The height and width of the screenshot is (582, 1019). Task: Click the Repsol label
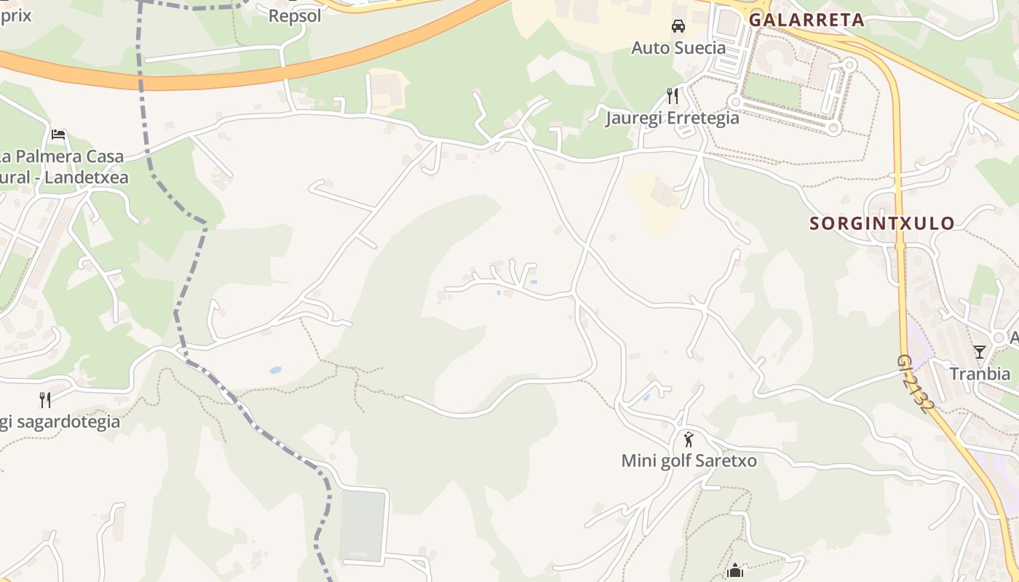(x=295, y=15)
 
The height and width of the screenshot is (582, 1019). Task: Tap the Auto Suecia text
(x=678, y=48)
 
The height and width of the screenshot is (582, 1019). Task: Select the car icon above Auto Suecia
(x=678, y=26)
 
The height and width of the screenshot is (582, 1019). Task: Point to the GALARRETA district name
(x=806, y=20)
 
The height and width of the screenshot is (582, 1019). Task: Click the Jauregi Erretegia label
(x=673, y=118)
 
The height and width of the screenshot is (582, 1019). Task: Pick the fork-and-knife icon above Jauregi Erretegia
(x=673, y=95)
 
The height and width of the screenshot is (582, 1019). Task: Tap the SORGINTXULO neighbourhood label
(x=882, y=223)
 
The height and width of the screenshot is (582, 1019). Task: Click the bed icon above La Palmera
(x=58, y=135)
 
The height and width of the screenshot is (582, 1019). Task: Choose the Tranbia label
(x=980, y=374)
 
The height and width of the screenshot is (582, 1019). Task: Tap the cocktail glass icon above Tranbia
(x=980, y=352)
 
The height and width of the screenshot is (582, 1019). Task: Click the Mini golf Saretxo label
(x=689, y=461)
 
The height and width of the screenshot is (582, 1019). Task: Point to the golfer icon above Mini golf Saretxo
(x=689, y=439)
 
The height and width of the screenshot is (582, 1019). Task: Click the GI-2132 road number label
(x=915, y=384)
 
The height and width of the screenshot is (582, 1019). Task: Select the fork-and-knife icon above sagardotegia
(x=45, y=399)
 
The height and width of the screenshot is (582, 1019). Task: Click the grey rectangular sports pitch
(x=362, y=525)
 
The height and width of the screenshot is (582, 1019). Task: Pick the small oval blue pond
(x=275, y=370)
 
